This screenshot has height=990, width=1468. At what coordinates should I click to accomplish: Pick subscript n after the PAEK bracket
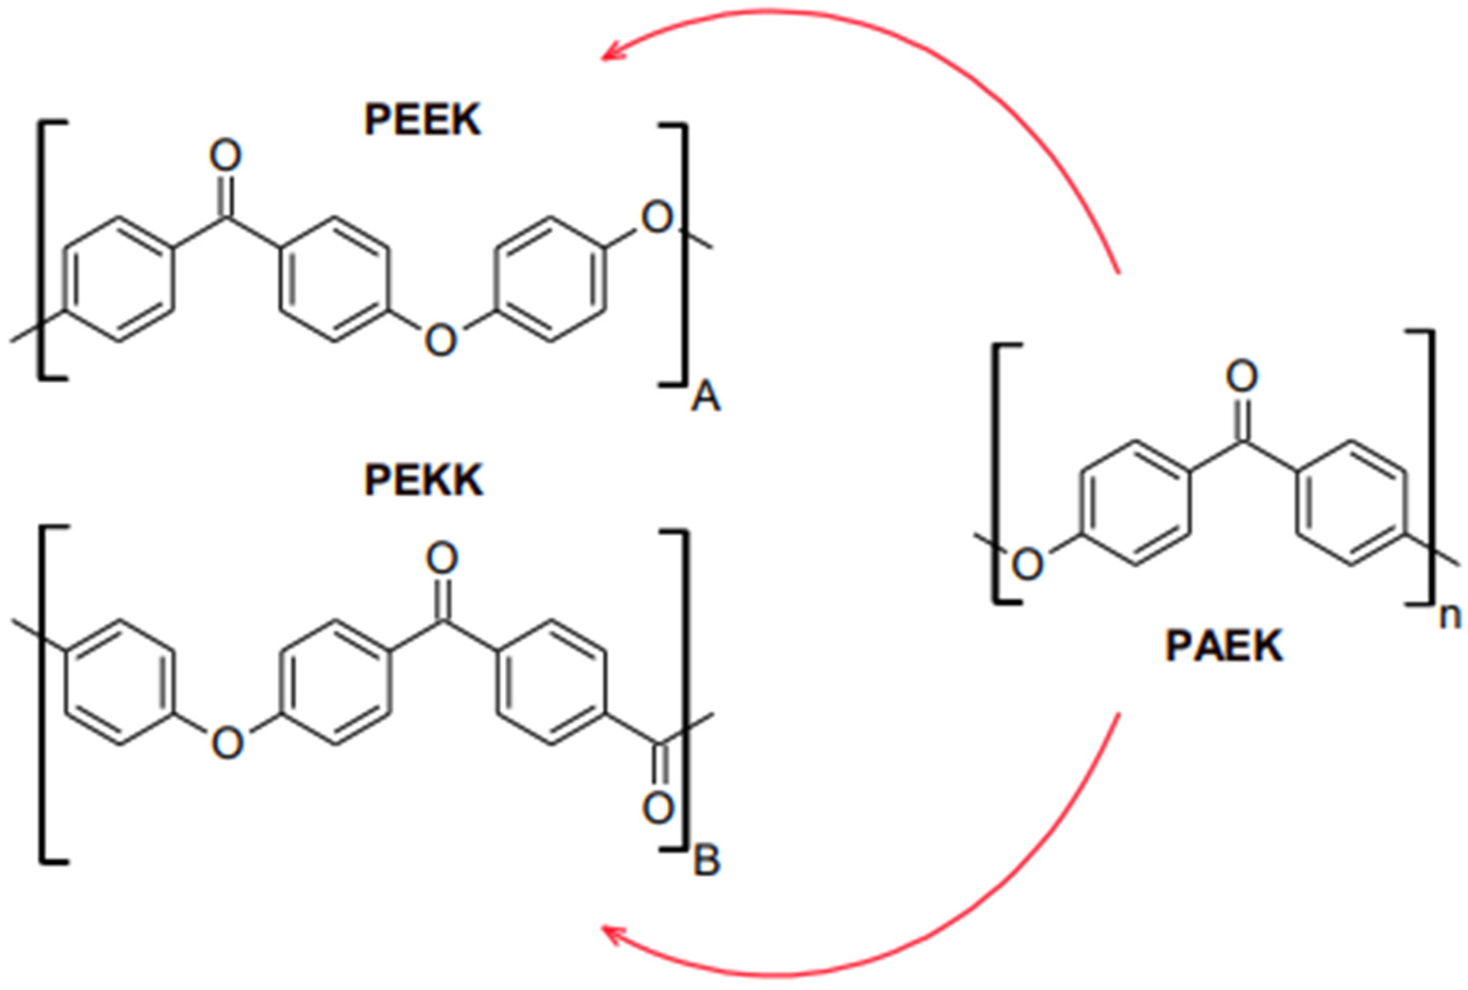1450,617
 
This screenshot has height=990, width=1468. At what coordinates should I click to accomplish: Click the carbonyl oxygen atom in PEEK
225,155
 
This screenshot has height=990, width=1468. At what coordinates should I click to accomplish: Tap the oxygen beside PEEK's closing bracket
658,218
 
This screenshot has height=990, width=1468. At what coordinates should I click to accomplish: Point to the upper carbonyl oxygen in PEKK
442,558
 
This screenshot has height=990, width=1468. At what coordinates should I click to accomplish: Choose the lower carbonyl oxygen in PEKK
658,808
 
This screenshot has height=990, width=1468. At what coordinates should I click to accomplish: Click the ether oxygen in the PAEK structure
1027,564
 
